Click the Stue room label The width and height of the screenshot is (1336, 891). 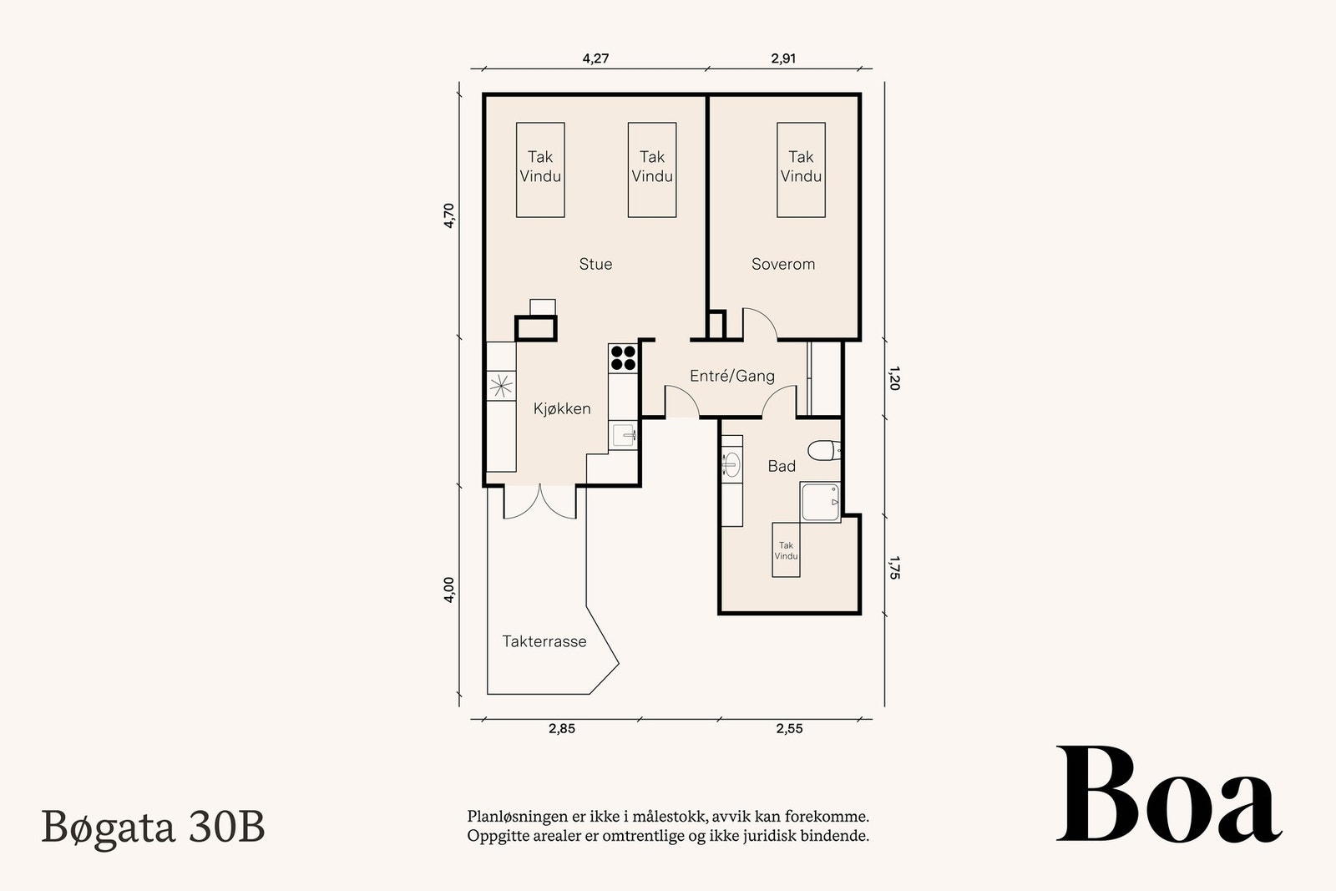click(595, 264)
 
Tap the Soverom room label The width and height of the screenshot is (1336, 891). click(783, 264)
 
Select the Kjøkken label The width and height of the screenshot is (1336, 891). click(562, 408)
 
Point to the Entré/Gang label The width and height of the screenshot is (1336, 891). click(731, 376)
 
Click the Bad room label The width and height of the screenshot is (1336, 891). click(782, 466)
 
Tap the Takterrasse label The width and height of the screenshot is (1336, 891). click(544, 641)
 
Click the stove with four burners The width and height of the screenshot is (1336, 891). click(623, 358)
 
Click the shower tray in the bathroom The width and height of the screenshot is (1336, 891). click(820, 502)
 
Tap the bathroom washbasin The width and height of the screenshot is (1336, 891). click(731, 464)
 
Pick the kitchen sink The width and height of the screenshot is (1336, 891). click(623, 435)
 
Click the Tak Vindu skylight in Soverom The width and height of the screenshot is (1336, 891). click(801, 170)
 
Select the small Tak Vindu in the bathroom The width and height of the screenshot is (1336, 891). click(786, 549)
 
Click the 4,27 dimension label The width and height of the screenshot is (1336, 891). click(595, 58)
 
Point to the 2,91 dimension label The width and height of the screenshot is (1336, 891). click(783, 58)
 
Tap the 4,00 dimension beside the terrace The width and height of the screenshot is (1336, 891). click(449, 590)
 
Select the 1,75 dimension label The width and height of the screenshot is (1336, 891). click(894, 568)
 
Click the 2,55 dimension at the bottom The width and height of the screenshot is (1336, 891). click(789, 728)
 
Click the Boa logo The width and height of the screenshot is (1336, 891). click(1168, 794)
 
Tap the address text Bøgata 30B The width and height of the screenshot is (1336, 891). click(154, 828)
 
